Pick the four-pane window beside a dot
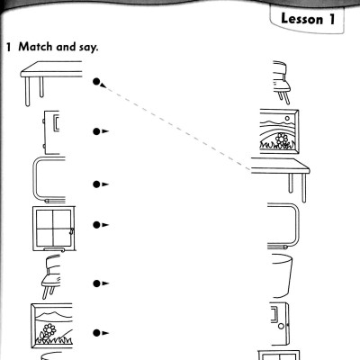(x=53, y=226)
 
